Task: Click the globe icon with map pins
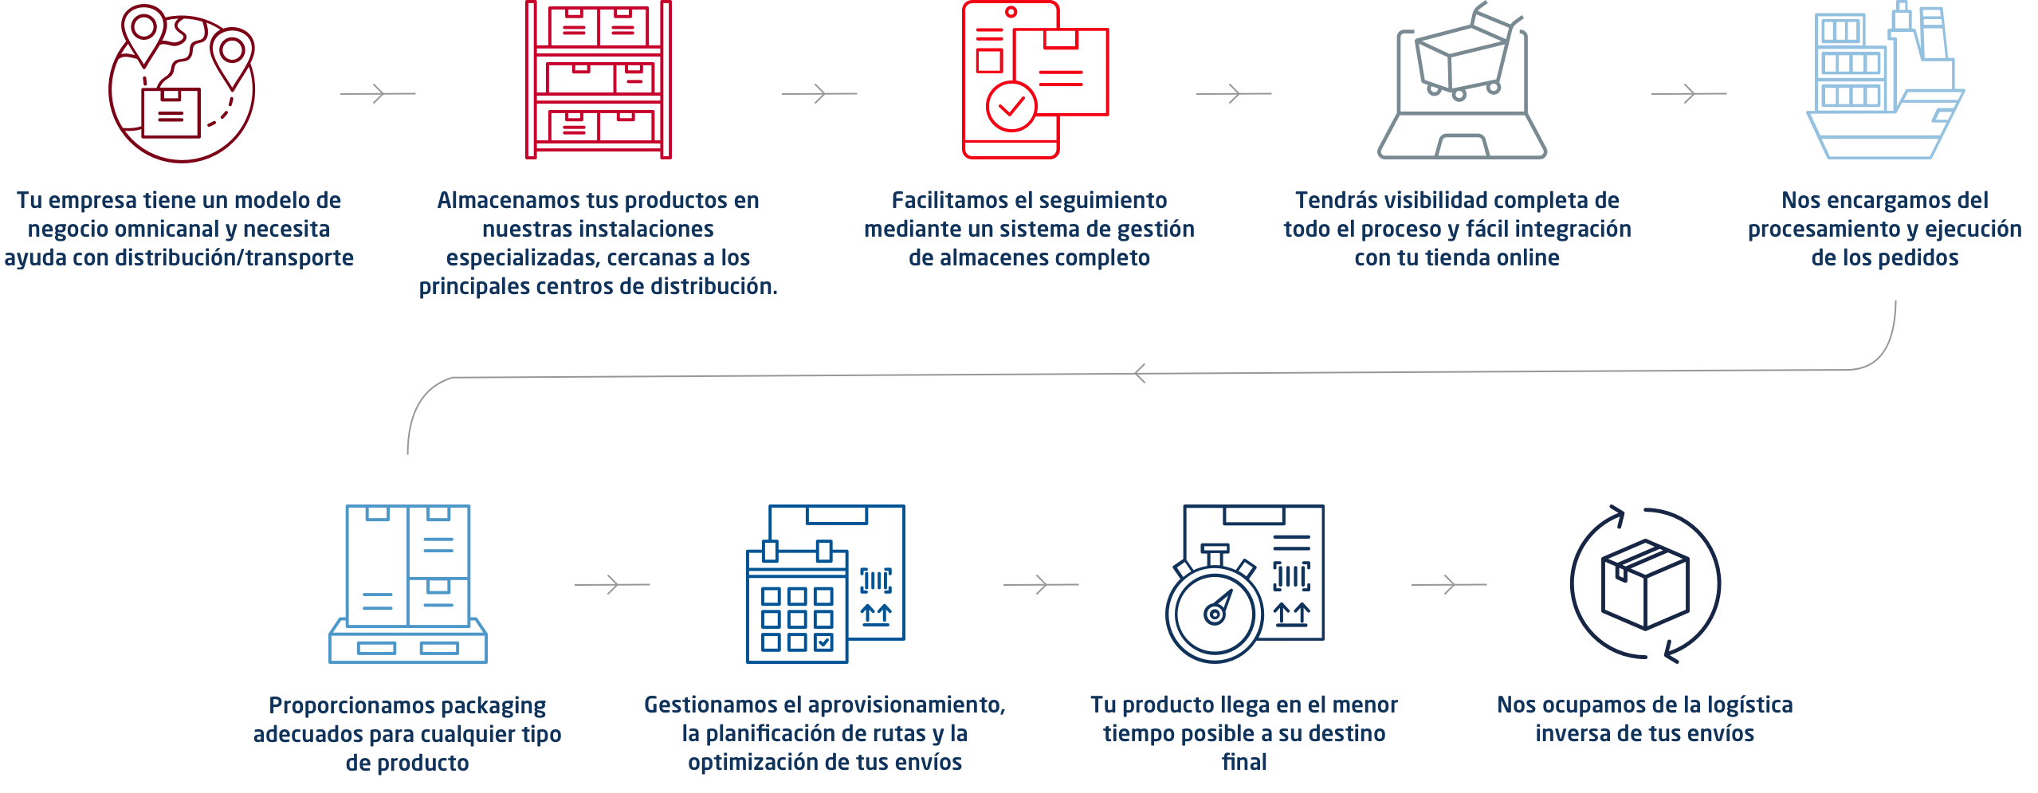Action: (182, 83)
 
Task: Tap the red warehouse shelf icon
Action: (599, 80)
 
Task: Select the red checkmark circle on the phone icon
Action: (1011, 107)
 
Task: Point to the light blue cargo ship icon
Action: (1886, 80)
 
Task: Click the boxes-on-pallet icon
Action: (408, 583)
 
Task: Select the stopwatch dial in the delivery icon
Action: (1215, 614)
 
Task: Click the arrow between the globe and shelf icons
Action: (378, 94)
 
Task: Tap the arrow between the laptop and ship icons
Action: (1689, 94)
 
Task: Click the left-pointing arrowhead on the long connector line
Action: (1141, 373)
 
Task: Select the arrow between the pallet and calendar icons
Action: (612, 585)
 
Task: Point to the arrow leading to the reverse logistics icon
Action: (1449, 585)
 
